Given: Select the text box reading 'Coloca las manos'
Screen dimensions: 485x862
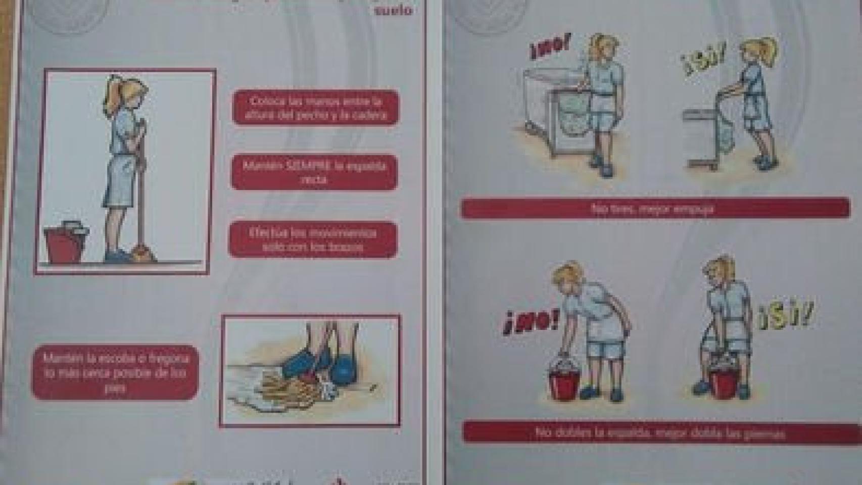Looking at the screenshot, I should pos(316,108).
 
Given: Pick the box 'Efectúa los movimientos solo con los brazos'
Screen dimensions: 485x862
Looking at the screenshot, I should pos(313,240).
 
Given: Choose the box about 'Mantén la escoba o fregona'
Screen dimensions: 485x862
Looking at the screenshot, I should pos(115,372).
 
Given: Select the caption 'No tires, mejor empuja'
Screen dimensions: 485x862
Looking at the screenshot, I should pos(655,208).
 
